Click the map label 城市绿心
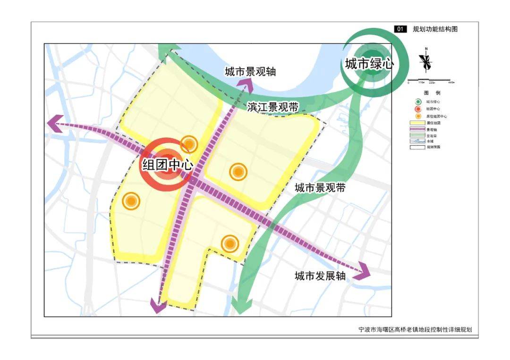[x=368, y=64]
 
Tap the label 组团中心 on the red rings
[x=168, y=165]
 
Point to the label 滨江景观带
[x=273, y=107]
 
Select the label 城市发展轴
[x=320, y=276]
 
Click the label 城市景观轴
[x=250, y=72]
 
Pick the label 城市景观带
[x=320, y=188]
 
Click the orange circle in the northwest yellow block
[x=189, y=144]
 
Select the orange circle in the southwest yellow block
[x=131, y=201]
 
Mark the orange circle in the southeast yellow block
[x=229, y=243]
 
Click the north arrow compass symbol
[x=426, y=61]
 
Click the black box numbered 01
[x=400, y=29]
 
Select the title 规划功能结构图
[x=435, y=29]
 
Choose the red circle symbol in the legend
[x=418, y=109]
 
